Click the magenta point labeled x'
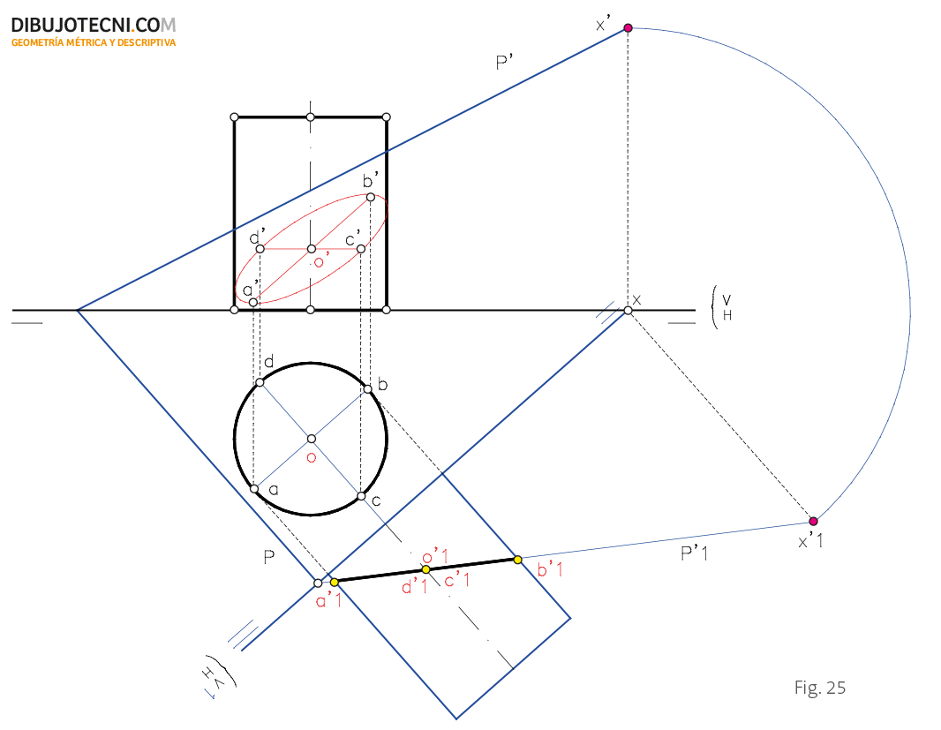(x=628, y=27)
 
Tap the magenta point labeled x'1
(x=813, y=521)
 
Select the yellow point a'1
(x=335, y=582)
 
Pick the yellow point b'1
(x=518, y=560)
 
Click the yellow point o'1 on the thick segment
(x=426, y=569)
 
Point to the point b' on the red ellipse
(x=370, y=197)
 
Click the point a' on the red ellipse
(x=253, y=302)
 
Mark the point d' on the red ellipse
(x=260, y=249)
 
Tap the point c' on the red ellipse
(x=361, y=249)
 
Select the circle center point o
(x=311, y=439)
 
